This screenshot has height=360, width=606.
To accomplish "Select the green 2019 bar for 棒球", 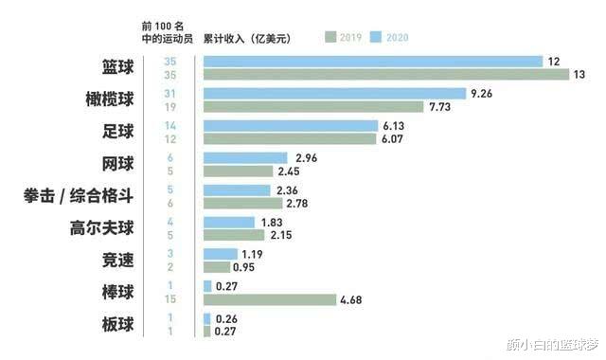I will [269, 300].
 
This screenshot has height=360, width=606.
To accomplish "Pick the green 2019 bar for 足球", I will [290, 139].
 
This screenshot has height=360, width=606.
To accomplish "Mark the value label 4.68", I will [352, 300].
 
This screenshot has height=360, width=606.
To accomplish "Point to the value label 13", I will [578, 75].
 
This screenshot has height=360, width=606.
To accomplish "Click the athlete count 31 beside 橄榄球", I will [170, 93].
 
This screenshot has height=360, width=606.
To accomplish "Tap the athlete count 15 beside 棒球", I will [170, 300].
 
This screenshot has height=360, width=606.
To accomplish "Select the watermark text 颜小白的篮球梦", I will [553, 343].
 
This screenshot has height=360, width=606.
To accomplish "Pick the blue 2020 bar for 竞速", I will [220, 254].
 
